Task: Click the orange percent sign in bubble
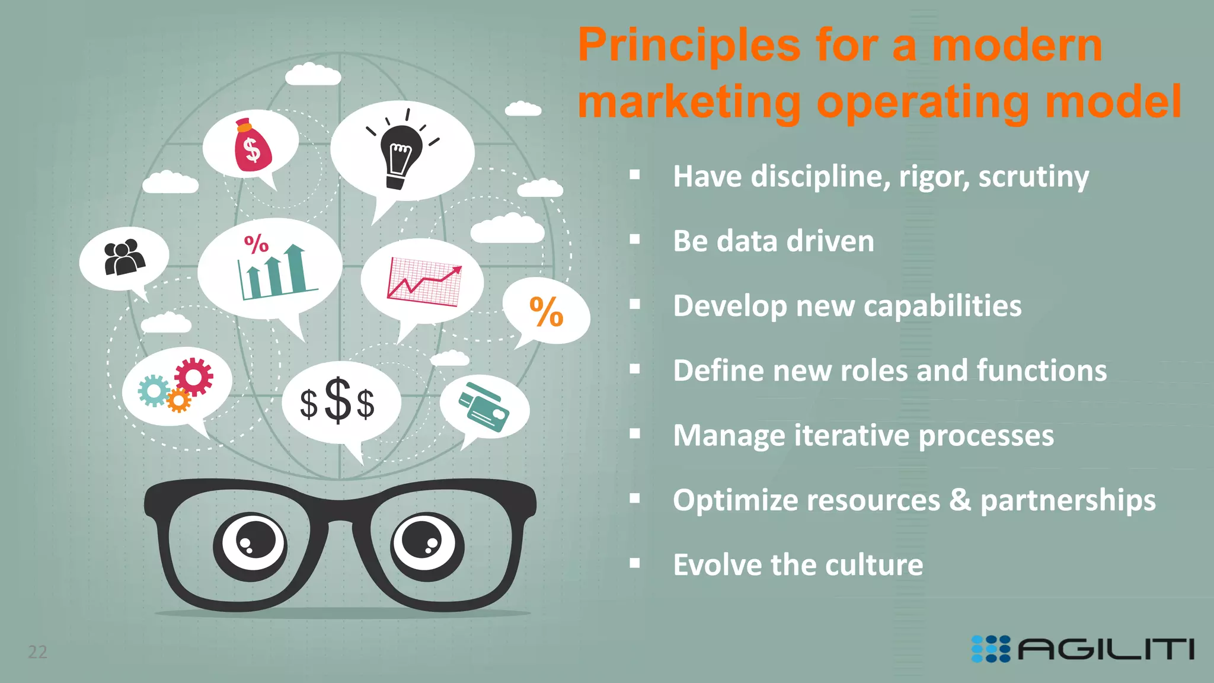546,312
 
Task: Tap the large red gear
194,376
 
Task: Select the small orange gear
178,400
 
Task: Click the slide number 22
37,652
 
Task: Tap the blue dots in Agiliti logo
991,649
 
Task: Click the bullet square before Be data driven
635,240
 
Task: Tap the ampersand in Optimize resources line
960,500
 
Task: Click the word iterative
851,435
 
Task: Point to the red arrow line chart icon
424,282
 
